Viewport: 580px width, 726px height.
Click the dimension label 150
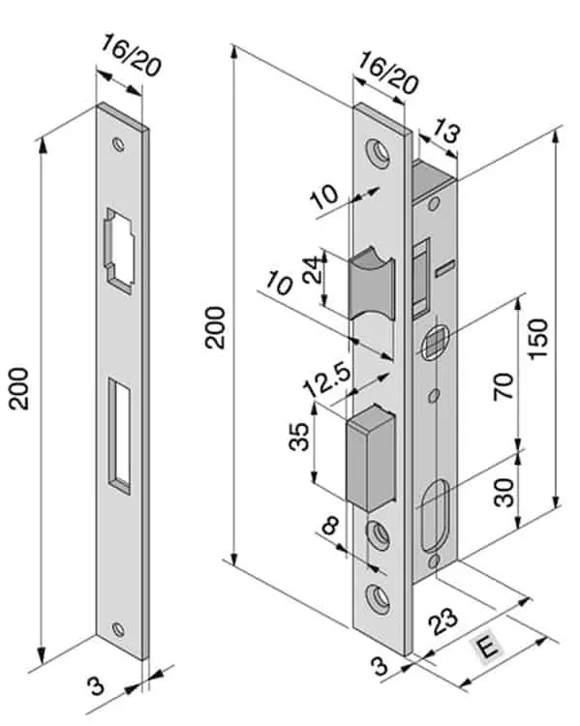coord(538,339)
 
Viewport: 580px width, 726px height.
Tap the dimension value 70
coord(504,386)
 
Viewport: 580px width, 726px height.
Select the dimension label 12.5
coord(327,379)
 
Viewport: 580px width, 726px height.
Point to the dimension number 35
coord(299,437)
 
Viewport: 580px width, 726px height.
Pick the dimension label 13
coord(445,132)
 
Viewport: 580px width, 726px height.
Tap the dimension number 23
coord(443,620)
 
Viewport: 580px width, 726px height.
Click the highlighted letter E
coord(487,647)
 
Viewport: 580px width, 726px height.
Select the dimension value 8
coord(331,526)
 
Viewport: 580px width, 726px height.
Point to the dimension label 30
coord(504,492)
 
